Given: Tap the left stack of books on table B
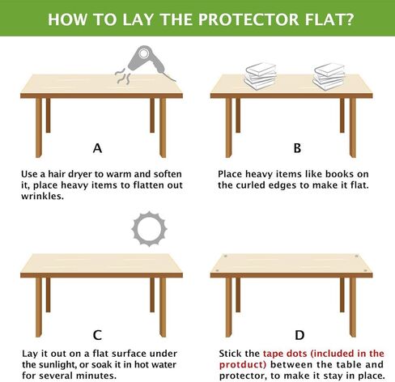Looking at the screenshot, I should tap(261, 77).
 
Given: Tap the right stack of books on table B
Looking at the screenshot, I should tap(329, 77).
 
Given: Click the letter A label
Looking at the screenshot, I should tap(98, 148).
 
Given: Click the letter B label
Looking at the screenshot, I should tap(296, 148).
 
